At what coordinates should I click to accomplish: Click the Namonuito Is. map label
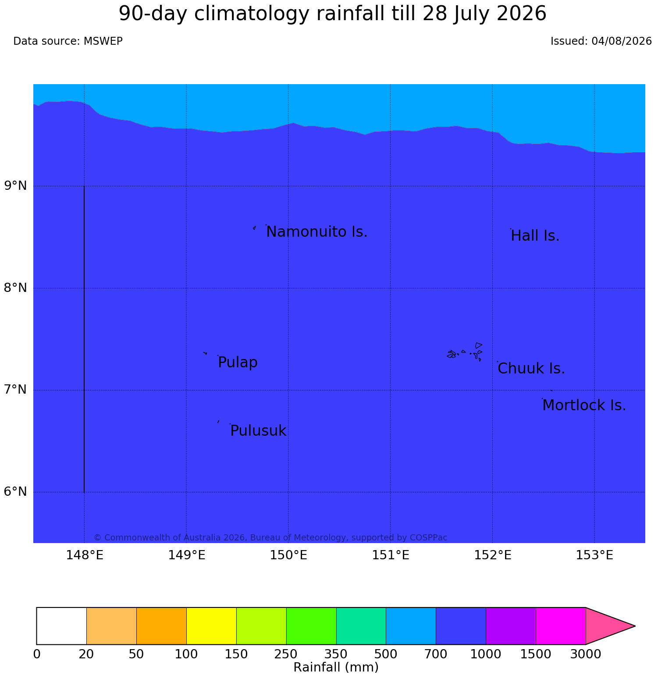[x=317, y=232]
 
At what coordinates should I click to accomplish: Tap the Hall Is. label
[x=535, y=236]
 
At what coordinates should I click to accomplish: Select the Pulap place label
[x=238, y=363]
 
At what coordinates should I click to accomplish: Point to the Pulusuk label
[x=258, y=431]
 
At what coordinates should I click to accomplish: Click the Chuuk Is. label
[x=531, y=369]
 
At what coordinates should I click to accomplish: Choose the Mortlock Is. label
[x=584, y=405]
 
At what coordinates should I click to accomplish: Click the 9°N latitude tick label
[x=15, y=186]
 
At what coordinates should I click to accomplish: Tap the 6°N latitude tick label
[x=15, y=492]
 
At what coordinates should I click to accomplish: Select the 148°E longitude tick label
[x=85, y=555]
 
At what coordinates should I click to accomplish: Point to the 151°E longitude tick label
[x=391, y=555]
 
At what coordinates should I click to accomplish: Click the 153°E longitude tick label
[x=594, y=555]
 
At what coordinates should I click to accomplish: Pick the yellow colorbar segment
[x=211, y=626]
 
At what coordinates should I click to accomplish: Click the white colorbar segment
[x=61, y=626]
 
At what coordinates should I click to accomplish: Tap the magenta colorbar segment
[x=561, y=626]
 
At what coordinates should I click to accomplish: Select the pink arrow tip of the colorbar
[x=635, y=626]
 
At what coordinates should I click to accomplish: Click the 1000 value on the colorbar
[x=486, y=654]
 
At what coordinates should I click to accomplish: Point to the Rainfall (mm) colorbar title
[x=336, y=667]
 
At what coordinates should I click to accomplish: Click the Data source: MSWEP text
[x=68, y=41]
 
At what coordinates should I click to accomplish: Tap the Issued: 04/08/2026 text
[x=601, y=41]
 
